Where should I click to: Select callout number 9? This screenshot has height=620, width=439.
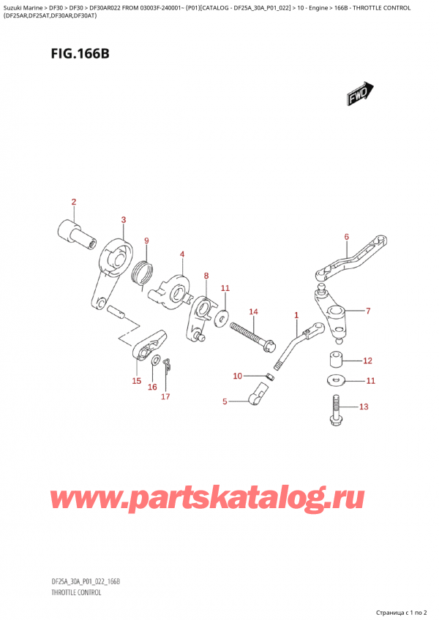pyautogui.click(x=146, y=241)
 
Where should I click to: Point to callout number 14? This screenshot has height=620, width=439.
pyautogui.click(x=253, y=313)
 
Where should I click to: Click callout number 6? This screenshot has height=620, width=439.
pyautogui.click(x=346, y=236)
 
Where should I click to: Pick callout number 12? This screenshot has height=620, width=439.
pyautogui.click(x=367, y=360)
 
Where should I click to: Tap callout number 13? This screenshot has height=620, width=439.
pyautogui.click(x=364, y=407)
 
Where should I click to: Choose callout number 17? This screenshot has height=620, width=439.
pyautogui.click(x=165, y=396)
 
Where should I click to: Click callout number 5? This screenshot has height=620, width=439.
pyautogui.click(x=225, y=401)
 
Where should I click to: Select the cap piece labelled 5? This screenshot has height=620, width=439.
pyautogui.click(x=256, y=395)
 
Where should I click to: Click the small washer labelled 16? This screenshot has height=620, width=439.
pyautogui.click(x=155, y=362)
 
